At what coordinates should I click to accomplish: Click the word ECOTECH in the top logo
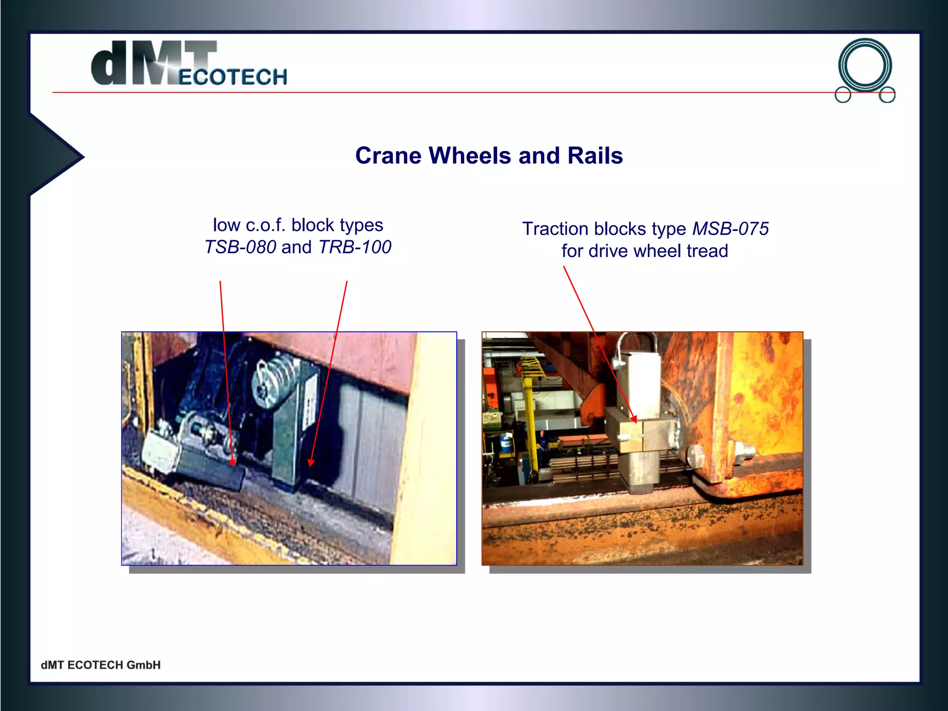[x=232, y=77]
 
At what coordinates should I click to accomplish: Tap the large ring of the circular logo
[x=865, y=65]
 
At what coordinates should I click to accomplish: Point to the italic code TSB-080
[x=241, y=247]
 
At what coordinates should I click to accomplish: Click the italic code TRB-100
[x=355, y=247]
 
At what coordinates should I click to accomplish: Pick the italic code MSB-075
[x=730, y=229]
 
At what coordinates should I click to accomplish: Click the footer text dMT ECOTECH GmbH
[x=100, y=665]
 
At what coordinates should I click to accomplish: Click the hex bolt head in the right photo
[x=696, y=457]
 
